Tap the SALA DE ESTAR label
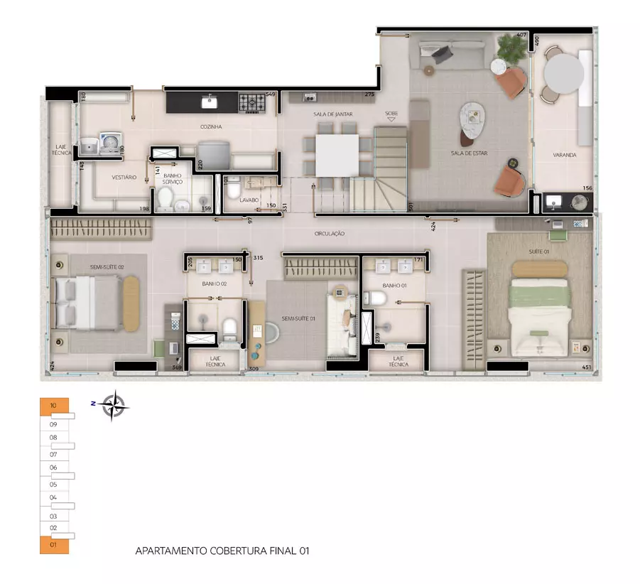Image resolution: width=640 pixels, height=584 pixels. pos(469,153)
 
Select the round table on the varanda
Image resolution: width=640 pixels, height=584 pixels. pos(563,72)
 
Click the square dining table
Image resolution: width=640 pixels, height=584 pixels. pos(337,155)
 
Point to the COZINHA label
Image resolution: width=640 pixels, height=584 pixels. pos(211,127)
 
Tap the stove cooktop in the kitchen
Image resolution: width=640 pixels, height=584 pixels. pos(251,102)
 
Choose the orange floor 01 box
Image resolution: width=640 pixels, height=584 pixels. pos(54,546)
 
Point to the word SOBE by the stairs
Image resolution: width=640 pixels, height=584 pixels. pos(391,114)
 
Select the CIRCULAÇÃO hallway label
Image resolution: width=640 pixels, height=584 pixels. pos(330,233)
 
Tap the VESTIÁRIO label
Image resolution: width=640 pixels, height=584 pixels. pos(124,177)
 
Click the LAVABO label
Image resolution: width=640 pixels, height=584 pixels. pos(249,200)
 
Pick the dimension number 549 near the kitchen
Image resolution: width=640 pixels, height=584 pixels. pos(270,94)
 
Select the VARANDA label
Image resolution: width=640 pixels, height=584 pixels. pos(565,154)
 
